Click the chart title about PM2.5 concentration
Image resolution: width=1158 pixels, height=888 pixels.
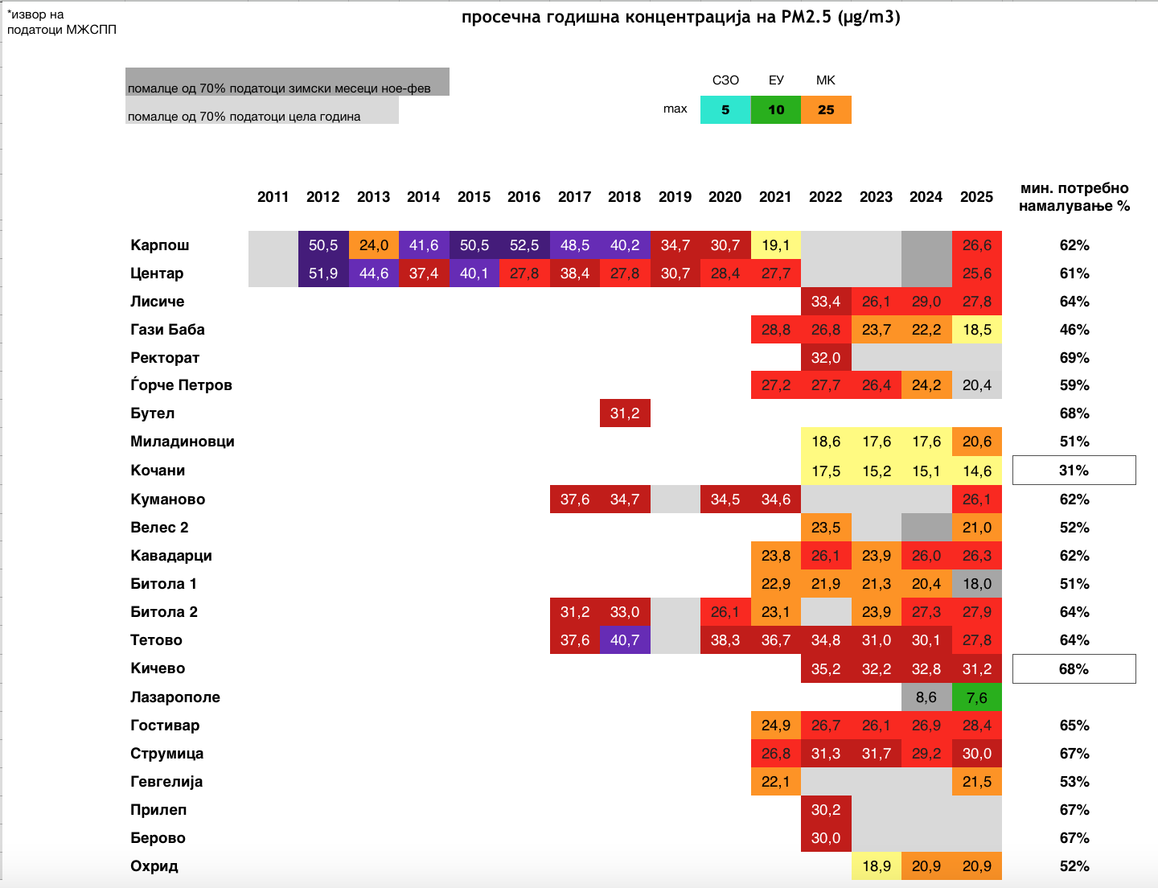(x=680, y=18)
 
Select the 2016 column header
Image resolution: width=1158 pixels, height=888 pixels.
(x=524, y=197)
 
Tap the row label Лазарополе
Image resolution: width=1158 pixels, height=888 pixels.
(x=175, y=697)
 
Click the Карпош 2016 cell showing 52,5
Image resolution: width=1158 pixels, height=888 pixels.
(x=524, y=245)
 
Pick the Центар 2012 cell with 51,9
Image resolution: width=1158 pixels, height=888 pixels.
(x=323, y=273)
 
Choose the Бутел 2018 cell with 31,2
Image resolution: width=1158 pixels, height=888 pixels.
(x=625, y=413)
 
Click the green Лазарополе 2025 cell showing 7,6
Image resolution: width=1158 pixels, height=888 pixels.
(x=977, y=697)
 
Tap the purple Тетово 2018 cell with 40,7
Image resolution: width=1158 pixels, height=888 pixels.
(x=625, y=640)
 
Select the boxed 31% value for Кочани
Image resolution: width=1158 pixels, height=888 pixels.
(x=1074, y=471)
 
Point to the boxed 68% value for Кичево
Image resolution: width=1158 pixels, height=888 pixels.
(x=1074, y=669)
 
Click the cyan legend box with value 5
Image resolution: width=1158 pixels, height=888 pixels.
(x=725, y=110)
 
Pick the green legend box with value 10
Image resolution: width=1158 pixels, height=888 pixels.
(x=776, y=110)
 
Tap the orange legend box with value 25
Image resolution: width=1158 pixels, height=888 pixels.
(x=826, y=110)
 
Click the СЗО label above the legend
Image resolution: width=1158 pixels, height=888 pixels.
(x=725, y=80)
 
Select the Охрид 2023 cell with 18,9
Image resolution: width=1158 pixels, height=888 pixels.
(x=877, y=866)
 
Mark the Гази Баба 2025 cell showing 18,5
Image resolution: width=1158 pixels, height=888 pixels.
(x=977, y=330)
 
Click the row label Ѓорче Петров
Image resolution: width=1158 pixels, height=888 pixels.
(x=181, y=385)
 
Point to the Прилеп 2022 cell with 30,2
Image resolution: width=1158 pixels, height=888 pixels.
(x=826, y=810)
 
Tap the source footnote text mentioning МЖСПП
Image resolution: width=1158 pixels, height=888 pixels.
(x=62, y=23)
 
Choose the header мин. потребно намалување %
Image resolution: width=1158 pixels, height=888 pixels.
(x=1074, y=197)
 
